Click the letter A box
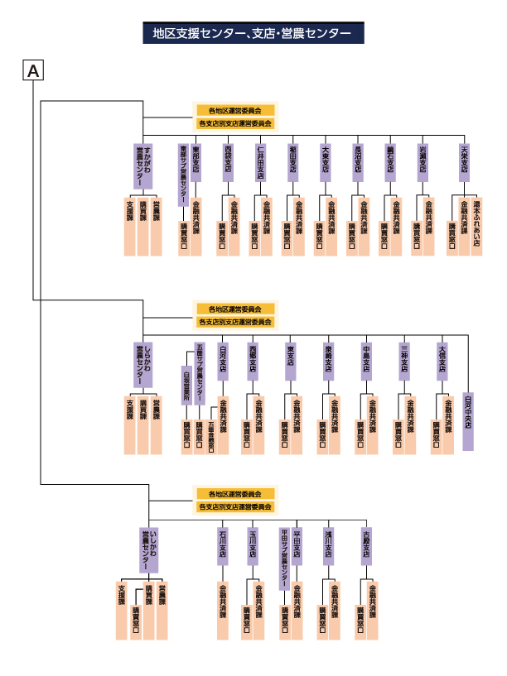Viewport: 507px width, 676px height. [33, 71]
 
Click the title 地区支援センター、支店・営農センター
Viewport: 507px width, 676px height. [253, 34]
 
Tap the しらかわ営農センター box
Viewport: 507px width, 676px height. [144, 365]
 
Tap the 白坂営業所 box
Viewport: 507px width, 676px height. [186, 386]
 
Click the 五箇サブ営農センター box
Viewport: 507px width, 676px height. [199, 372]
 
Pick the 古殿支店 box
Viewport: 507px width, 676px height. [365, 545]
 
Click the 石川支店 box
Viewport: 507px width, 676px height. [222, 545]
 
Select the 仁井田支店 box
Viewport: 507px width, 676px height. [260, 162]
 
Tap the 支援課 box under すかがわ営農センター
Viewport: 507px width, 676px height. [128, 226]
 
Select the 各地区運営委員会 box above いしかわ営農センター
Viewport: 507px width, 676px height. [234, 493]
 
